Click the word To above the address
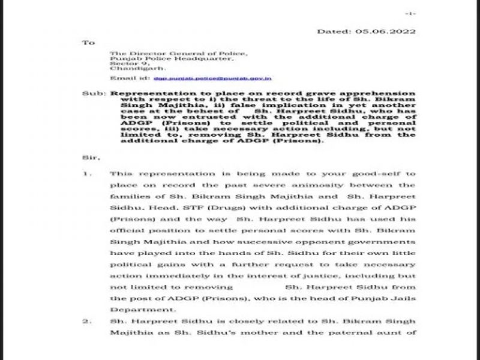click(x=88, y=43)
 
